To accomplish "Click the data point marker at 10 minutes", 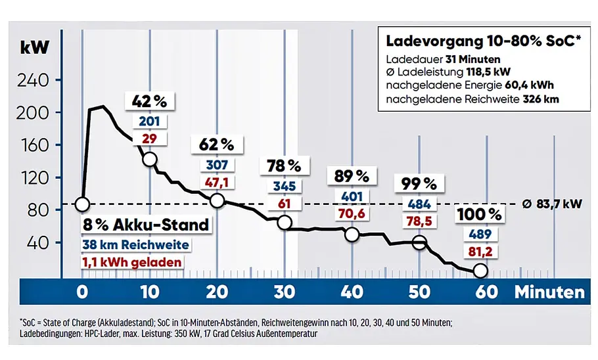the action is click(150, 159).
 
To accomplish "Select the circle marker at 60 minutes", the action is click(480, 271).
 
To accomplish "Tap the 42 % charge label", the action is click(150, 101).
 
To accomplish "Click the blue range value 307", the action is click(217, 165).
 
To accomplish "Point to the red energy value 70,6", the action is click(352, 214).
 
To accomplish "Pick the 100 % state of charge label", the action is click(480, 214).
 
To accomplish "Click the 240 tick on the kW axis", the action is click(33, 80).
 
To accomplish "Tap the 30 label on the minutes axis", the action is click(285, 292).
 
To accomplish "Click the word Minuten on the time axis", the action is click(549, 292).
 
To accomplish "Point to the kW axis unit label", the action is click(35, 48).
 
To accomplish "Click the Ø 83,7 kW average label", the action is click(552, 204).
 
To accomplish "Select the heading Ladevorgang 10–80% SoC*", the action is click(483, 41).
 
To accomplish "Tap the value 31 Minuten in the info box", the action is click(472, 60).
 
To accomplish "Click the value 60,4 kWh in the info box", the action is click(529, 85).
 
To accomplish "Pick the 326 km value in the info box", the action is click(540, 99).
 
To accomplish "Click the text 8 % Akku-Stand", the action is click(146, 225).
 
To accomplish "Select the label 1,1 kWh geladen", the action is click(132, 262).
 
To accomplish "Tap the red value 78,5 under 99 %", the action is click(419, 221).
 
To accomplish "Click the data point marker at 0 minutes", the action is click(82, 204).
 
